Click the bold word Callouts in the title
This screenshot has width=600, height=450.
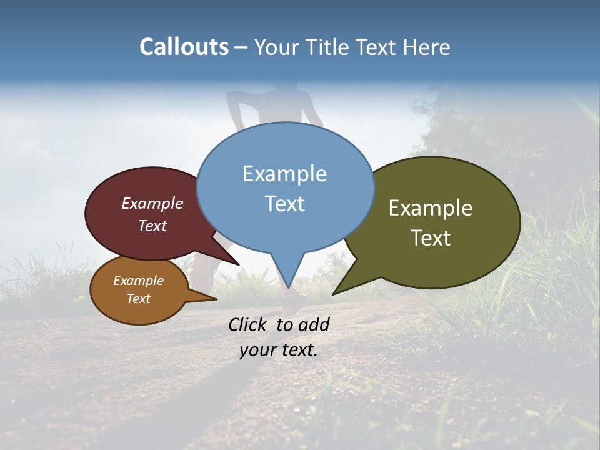pos(184,47)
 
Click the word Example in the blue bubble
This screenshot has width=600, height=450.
pos(285,173)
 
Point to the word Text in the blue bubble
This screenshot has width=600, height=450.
pos(285,203)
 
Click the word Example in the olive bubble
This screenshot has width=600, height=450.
pos(431,207)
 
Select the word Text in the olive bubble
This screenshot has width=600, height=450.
pos(431,237)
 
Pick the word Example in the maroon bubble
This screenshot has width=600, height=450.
pos(152,203)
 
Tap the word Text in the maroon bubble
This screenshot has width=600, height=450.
pos(152,226)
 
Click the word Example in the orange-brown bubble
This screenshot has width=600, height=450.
pos(138,281)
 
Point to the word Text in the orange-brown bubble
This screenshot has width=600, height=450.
pos(138,298)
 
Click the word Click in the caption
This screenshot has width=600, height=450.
pos(247,324)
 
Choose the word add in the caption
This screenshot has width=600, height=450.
pos(314,324)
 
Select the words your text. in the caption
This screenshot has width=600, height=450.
pos(279,350)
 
